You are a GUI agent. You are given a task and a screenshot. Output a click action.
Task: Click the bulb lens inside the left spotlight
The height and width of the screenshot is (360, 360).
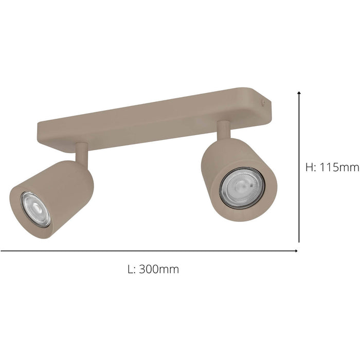35,209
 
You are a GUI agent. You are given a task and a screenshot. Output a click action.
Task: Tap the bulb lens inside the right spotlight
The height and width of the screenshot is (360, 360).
242,188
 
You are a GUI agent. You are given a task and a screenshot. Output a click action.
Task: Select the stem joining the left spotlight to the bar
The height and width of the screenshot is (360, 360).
81,152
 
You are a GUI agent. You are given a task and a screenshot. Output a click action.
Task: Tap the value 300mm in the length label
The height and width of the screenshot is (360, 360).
159,269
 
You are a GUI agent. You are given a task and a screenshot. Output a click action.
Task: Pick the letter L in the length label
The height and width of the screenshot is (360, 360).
130,269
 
